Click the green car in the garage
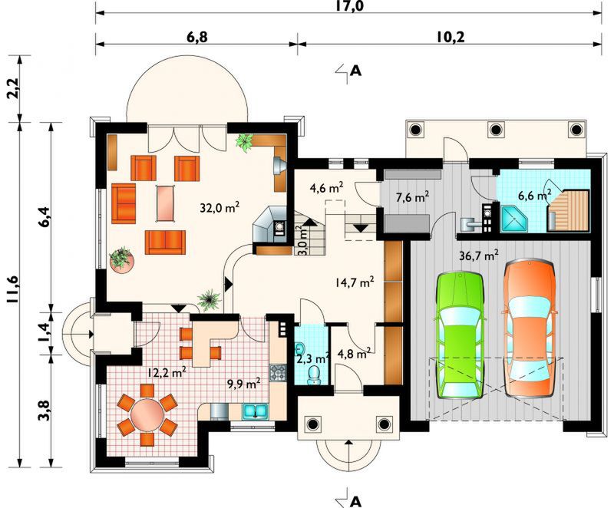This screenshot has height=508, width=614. click(x=459, y=335)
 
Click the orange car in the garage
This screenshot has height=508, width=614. click(x=530, y=328)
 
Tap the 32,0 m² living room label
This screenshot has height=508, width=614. click(x=220, y=207)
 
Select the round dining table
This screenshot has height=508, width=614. click(x=147, y=416)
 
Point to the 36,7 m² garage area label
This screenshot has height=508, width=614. click(x=478, y=256)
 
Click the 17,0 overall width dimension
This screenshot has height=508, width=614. click(x=348, y=5)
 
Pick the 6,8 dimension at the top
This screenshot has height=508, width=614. click(x=197, y=37)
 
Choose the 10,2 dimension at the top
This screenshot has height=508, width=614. click(x=450, y=37)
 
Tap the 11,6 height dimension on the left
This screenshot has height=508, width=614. click(x=12, y=289)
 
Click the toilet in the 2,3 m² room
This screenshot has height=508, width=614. click(x=314, y=375)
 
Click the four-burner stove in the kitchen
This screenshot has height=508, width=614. click(x=278, y=373)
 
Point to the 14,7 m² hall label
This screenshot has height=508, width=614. click(x=355, y=282)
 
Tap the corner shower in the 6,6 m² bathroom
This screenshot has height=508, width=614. click(x=513, y=219)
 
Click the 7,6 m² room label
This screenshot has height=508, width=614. click(x=412, y=197)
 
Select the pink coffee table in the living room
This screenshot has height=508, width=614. click(x=165, y=203)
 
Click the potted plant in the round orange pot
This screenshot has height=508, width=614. click(x=121, y=259)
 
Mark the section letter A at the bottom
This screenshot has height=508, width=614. click(x=355, y=500)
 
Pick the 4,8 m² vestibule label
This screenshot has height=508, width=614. click(x=355, y=354)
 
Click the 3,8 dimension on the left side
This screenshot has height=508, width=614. click(x=44, y=410)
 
